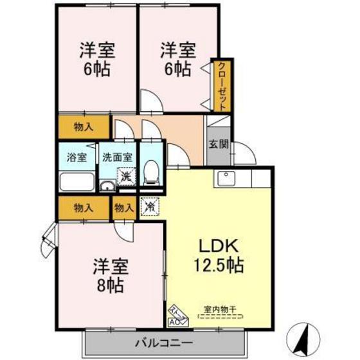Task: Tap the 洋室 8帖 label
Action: pos(104,274)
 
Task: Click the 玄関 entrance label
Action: pos(218,144)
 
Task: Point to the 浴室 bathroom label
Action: pos(76,157)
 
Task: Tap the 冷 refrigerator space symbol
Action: pos(149,207)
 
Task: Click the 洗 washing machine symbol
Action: pos(127,174)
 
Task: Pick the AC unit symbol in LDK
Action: pos(175,321)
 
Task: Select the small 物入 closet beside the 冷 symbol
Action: pos(124,207)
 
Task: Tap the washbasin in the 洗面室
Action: pos(108,186)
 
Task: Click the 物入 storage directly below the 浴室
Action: pos(84,207)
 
